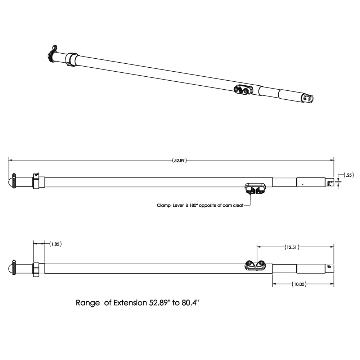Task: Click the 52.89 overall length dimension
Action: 180,161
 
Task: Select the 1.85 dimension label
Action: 55,244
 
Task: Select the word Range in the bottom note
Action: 88,303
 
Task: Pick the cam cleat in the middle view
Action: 255,188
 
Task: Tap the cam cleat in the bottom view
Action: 255,265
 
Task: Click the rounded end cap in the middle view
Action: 11,181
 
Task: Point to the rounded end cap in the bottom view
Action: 11,269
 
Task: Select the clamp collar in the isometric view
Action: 71,59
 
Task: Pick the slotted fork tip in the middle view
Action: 330,183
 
